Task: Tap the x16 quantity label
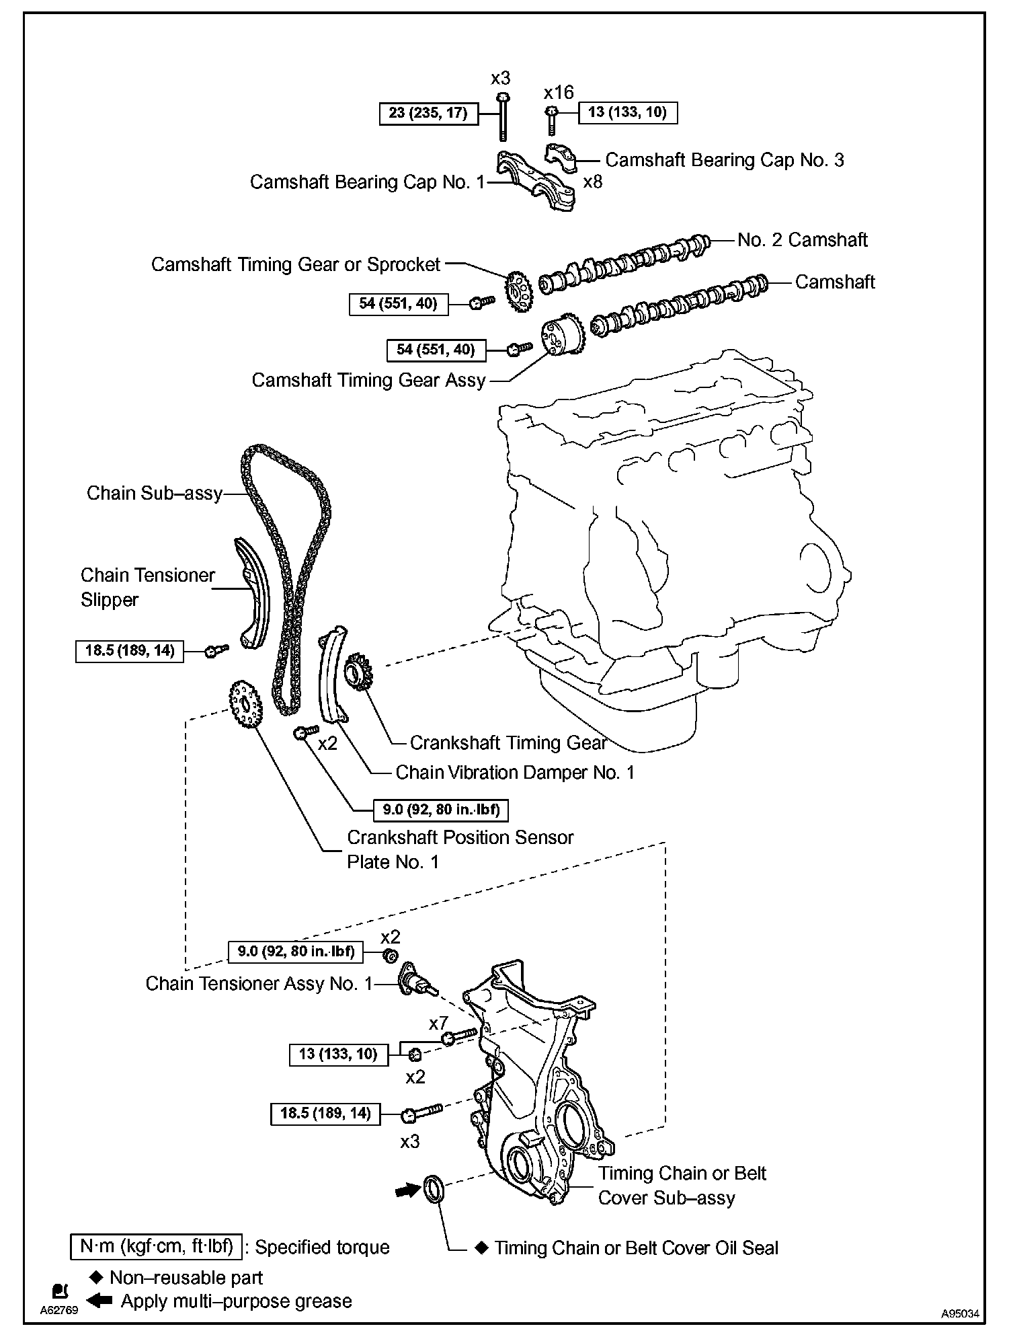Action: (559, 92)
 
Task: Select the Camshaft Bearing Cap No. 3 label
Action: (724, 160)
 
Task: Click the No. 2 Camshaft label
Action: (802, 240)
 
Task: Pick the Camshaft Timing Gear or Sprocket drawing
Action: (518, 292)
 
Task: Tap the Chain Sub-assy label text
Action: (155, 494)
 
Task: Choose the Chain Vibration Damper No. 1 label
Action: (515, 773)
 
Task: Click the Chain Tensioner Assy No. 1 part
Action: (417, 982)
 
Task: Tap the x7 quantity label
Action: (438, 1023)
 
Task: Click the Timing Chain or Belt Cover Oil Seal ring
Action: (434, 1189)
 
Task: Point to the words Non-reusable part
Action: (186, 1278)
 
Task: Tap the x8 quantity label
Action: (592, 182)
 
